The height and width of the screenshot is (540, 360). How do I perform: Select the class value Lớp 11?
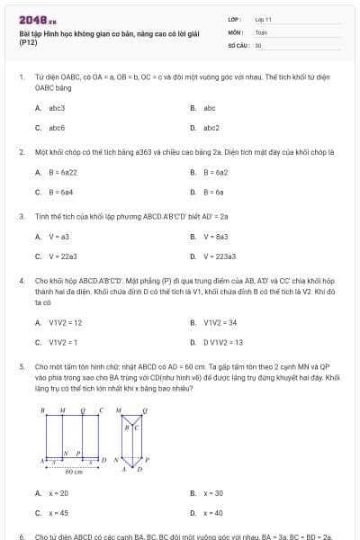point(263,19)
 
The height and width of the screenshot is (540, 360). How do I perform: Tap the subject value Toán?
point(261,31)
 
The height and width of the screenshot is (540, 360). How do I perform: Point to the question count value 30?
point(258,45)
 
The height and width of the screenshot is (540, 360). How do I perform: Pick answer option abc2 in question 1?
point(211,128)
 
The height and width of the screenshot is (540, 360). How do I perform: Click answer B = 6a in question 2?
point(213,192)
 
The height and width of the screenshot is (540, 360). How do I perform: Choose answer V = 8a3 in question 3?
point(215,237)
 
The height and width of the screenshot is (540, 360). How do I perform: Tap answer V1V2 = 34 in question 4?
point(220,322)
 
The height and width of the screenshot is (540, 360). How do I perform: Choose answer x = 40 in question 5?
point(213,513)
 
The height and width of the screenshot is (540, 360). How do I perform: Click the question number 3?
point(21,216)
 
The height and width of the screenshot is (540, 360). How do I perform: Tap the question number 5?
point(21,367)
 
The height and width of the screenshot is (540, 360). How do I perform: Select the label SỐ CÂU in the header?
point(238,45)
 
